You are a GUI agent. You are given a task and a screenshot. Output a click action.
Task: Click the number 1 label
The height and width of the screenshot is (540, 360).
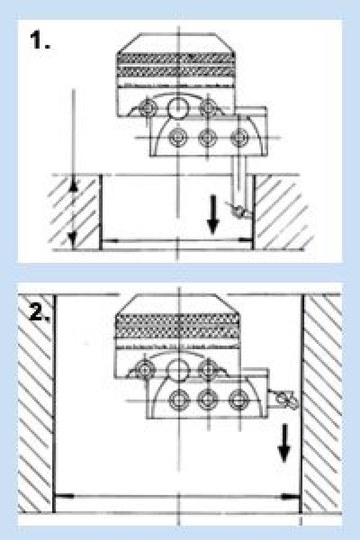click(40, 40)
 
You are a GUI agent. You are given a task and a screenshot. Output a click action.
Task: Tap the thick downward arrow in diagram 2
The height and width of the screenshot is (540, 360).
click(284, 443)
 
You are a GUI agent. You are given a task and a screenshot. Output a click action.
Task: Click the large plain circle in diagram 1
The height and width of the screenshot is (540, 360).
click(178, 108)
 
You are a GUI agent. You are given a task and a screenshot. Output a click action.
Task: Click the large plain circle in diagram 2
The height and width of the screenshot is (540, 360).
click(178, 370)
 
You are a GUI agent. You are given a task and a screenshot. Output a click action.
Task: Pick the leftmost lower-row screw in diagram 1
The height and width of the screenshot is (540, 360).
click(178, 137)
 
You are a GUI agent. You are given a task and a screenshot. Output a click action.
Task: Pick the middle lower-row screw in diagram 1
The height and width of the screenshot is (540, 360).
click(208, 137)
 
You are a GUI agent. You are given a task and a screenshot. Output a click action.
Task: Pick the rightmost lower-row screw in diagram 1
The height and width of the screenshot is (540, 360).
click(239, 137)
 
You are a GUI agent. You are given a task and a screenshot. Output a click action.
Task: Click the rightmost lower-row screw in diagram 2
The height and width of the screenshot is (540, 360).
click(239, 400)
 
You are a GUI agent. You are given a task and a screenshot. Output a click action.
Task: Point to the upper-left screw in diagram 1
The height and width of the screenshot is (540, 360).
click(148, 108)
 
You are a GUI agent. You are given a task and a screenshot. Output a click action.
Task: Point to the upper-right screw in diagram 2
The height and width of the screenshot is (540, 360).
click(208, 370)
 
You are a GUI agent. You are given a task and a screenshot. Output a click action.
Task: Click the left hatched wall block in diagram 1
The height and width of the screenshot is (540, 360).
click(74, 211)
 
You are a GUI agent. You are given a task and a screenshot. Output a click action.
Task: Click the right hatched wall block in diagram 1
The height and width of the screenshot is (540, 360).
click(283, 211)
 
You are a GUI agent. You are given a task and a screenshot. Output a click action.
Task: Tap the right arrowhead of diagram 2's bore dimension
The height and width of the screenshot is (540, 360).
click(289, 496)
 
